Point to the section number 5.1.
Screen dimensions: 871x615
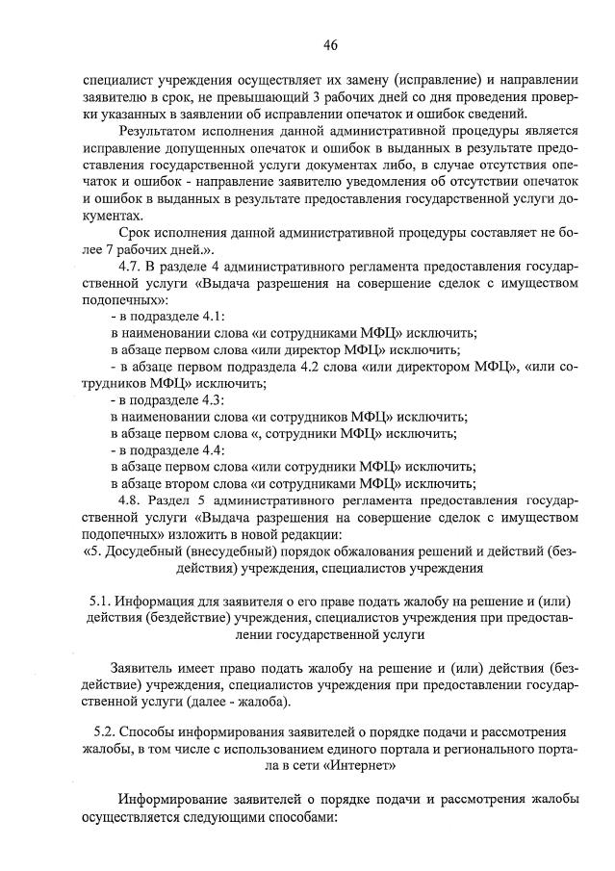(x=101, y=602)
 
